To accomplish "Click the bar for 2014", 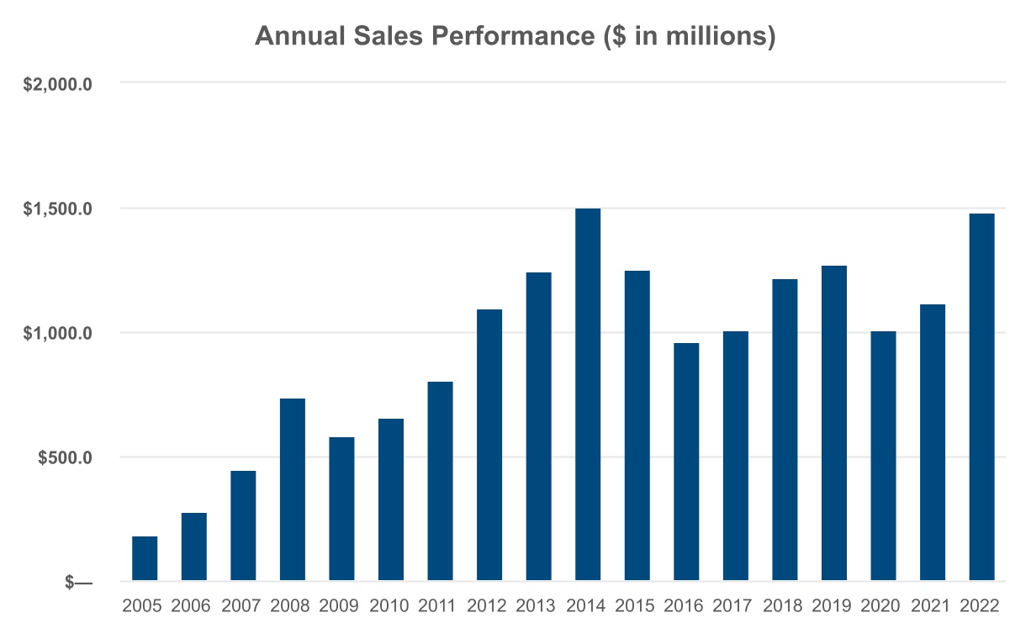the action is click(x=588, y=394).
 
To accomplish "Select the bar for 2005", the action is click(x=145, y=558).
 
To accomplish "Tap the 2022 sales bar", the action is click(x=981, y=397).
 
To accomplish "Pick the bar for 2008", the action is click(x=293, y=489).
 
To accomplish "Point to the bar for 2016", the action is click(x=686, y=462).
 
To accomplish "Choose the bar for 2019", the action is click(x=834, y=423).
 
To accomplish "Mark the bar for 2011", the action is click(x=440, y=481).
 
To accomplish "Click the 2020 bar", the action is click(x=883, y=456).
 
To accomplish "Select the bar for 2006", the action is click(x=193, y=547).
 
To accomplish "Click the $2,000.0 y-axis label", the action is click(x=57, y=85).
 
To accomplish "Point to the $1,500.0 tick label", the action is click(x=57, y=209).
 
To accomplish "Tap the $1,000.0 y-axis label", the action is click(x=57, y=333).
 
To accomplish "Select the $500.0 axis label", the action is click(x=65, y=457).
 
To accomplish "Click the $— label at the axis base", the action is click(x=78, y=583).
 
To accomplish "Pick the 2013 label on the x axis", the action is click(x=536, y=606).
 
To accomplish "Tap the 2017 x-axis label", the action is click(x=732, y=606).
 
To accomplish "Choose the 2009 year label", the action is click(x=338, y=606).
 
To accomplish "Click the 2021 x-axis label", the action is click(x=930, y=606).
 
